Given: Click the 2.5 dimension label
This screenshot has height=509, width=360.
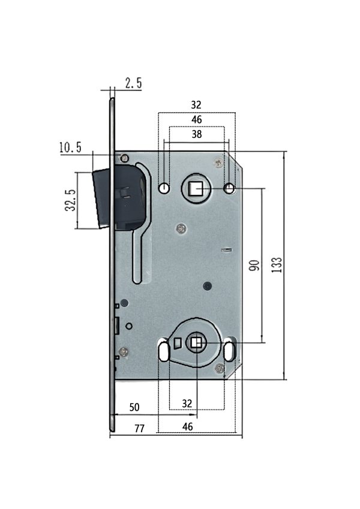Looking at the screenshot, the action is (x=134, y=83).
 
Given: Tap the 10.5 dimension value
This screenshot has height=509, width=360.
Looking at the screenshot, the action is (x=70, y=147).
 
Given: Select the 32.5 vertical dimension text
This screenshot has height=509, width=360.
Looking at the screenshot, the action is (x=71, y=200).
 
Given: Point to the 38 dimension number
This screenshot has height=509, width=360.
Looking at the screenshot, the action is (x=197, y=134).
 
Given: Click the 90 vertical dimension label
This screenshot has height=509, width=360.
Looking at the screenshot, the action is (x=254, y=265).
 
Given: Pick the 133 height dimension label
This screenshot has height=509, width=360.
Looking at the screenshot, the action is (x=277, y=265).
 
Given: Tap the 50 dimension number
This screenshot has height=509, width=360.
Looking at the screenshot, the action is (x=134, y=407).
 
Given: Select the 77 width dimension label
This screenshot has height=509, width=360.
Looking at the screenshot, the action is (x=139, y=429).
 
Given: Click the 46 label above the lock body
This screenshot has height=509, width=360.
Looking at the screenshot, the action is (x=197, y=119).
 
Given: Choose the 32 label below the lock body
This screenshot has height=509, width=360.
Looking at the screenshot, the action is (x=187, y=403).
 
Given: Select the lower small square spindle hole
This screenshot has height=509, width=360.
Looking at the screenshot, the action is (x=196, y=343).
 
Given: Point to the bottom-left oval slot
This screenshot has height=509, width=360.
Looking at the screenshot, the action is (x=163, y=351).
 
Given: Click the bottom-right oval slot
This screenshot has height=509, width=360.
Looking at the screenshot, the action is (x=229, y=351).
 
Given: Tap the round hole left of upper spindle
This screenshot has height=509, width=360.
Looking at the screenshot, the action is (x=164, y=188).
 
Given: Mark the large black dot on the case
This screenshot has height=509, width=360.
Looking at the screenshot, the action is (x=207, y=286).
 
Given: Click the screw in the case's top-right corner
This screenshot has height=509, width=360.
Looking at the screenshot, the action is (x=218, y=162).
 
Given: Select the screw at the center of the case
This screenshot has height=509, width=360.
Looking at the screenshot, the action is (x=181, y=229).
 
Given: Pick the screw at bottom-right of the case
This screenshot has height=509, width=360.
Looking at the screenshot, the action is (x=220, y=368).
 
